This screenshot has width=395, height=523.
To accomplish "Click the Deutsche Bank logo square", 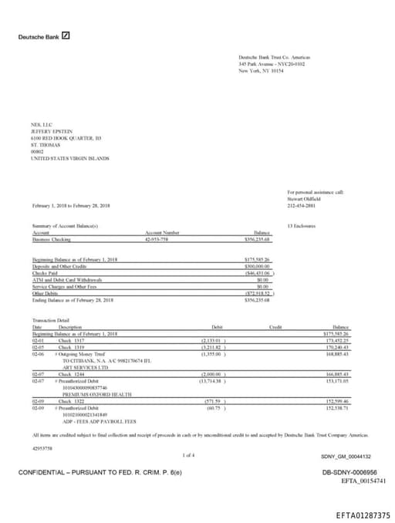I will point(66,35).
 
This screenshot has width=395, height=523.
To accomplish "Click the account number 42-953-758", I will point(157,240).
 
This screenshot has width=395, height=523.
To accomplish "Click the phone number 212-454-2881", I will point(302,205).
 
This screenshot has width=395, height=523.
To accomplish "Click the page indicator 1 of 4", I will point(189,455).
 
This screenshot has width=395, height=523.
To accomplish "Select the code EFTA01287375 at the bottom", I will point(363,515).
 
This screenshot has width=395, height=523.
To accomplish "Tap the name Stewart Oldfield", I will point(302,198).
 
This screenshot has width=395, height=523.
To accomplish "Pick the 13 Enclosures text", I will point(301,225).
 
